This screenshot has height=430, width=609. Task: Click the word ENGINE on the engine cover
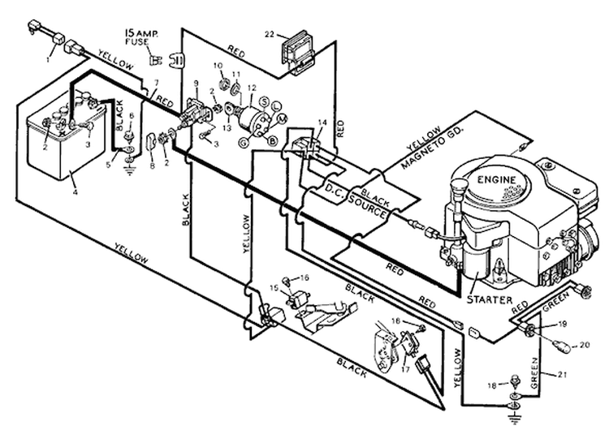click(x=496, y=180)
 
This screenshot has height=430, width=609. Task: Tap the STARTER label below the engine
click(x=489, y=300)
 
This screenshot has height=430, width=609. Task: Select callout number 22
click(x=270, y=35)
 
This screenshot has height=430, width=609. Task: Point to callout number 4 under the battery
click(x=75, y=191)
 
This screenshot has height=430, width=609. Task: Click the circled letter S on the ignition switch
click(x=264, y=102)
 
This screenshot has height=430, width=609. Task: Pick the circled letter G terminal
click(x=244, y=143)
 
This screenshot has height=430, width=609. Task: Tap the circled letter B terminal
click(x=273, y=141)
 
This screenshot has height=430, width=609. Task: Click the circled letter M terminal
click(x=283, y=117)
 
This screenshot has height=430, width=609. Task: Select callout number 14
click(x=322, y=123)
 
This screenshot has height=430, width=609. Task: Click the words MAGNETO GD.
click(x=432, y=148)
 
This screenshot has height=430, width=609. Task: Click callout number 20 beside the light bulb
click(x=585, y=345)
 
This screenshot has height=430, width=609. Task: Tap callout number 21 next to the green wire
click(x=563, y=375)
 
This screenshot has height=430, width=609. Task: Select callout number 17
click(x=405, y=369)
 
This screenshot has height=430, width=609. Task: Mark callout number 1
click(x=48, y=59)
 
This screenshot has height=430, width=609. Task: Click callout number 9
click(x=196, y=83)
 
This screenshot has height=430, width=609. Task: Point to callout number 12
click(x=252, y=88)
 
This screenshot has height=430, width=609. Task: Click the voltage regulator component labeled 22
click(x=297, y=54)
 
